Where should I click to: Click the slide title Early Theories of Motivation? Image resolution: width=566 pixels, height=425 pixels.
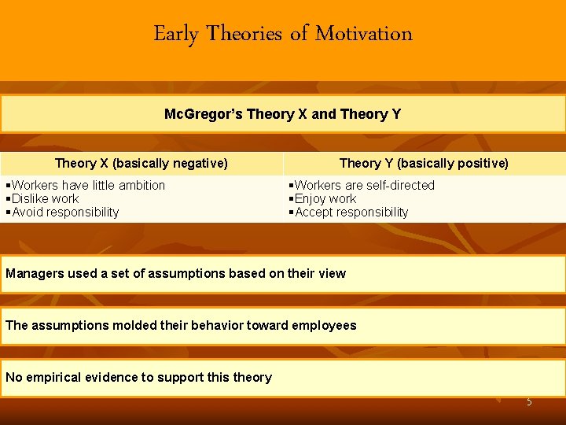pyautogui.click(x=283, y=34)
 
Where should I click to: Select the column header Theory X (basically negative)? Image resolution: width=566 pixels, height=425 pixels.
pyautogui.click(x=141, y=163)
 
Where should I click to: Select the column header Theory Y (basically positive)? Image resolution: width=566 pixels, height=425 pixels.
pyautogui.click(x=424, y=163)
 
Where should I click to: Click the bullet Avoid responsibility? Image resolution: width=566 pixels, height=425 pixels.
pyautogui.click(x=62, y=212)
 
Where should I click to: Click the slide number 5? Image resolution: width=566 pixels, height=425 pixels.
pyautogui.click(x=529, y=402)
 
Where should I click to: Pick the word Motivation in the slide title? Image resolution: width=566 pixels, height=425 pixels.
pyautogui.click(x=363, y=34)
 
